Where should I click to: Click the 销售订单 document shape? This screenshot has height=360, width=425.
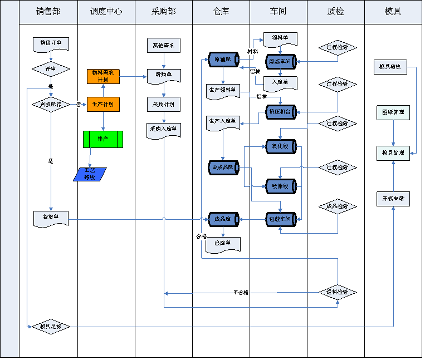(x=51, y=43)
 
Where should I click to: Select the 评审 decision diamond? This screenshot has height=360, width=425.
(x=51, y=69)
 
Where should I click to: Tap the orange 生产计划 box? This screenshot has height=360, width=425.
(x=103, y=104)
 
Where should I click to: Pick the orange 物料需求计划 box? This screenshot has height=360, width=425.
(x=103, y=76)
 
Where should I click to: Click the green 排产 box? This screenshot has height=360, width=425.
(x=103, y=139)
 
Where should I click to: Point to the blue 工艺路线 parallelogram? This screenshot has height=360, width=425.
(x=90, y=175)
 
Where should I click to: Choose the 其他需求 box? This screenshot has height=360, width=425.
(x=164, y=46)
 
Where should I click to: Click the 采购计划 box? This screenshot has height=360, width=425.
(x=164, y=104)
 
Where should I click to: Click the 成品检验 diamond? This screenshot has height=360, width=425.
(x=338, y=206)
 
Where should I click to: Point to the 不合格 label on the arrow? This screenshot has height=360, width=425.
(x=241, y=292)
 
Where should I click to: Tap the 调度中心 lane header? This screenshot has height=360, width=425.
(x=106, y=12)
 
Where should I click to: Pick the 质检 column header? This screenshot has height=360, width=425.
(x=336, y=12)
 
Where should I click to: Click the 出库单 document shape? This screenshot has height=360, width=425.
(x=223, y=244)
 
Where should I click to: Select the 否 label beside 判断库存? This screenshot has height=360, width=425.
(x=78, y=104)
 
